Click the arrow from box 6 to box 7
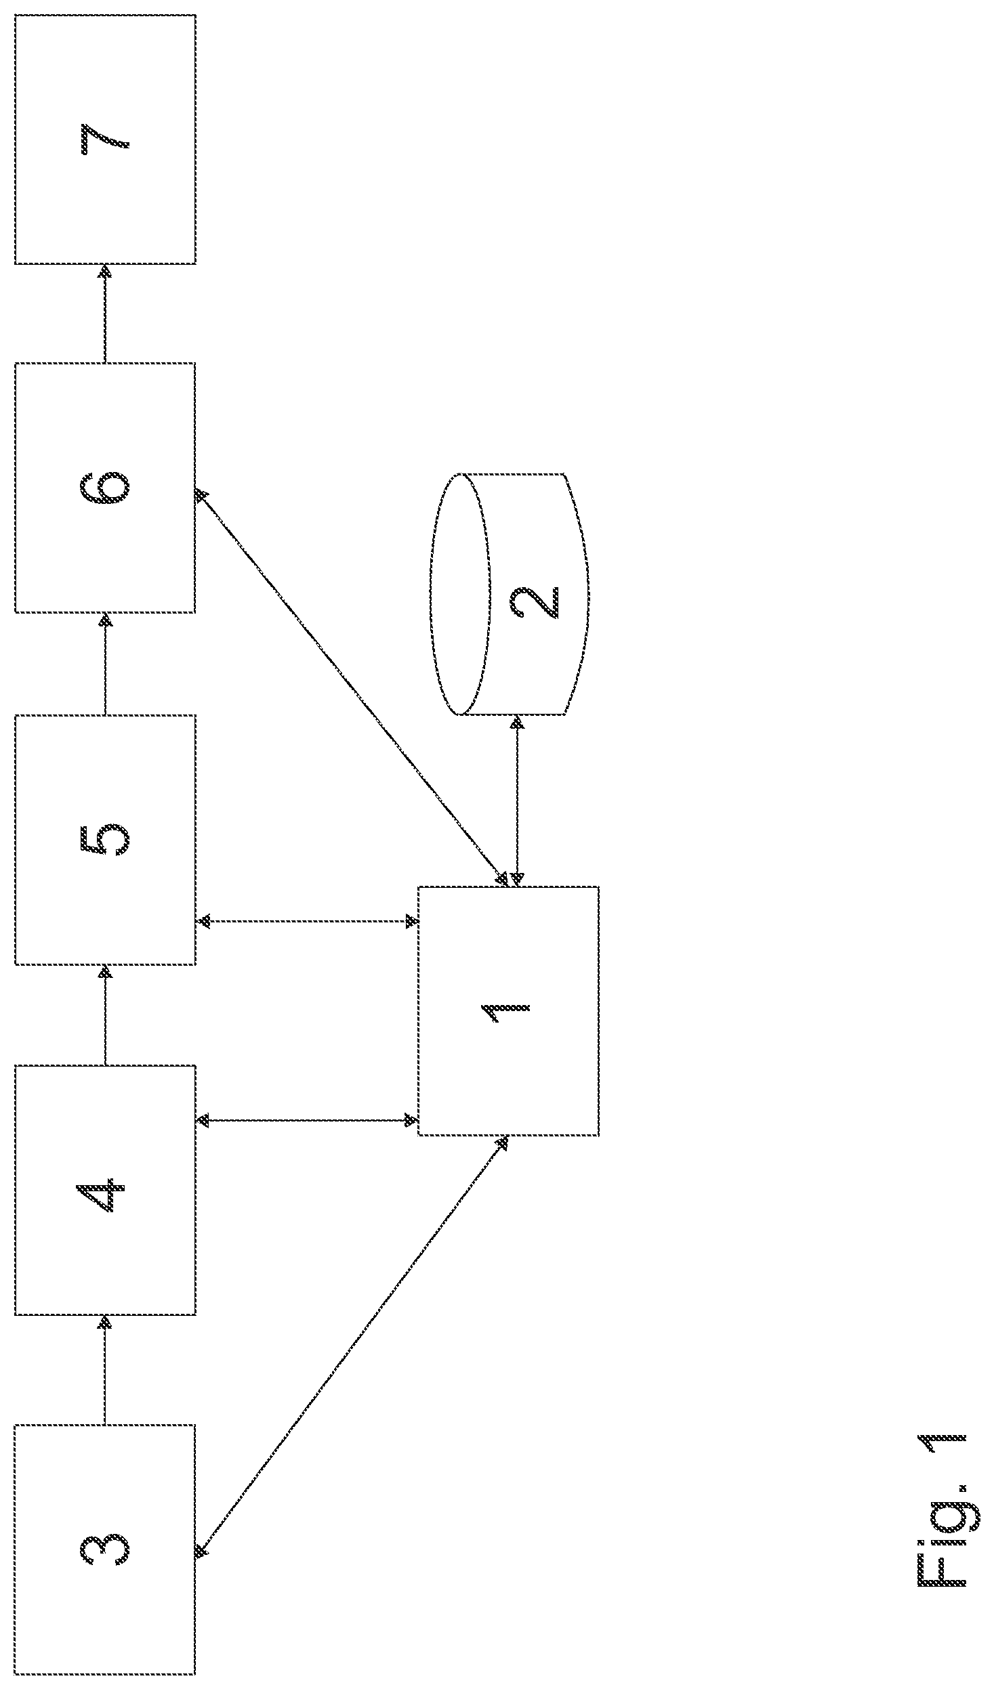(105, 314)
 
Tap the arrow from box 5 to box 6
(105, 664)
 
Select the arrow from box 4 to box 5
(105, 1015)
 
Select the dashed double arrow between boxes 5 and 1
(307, 921)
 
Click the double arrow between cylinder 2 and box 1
(517, 800)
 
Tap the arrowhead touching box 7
(105, 272)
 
